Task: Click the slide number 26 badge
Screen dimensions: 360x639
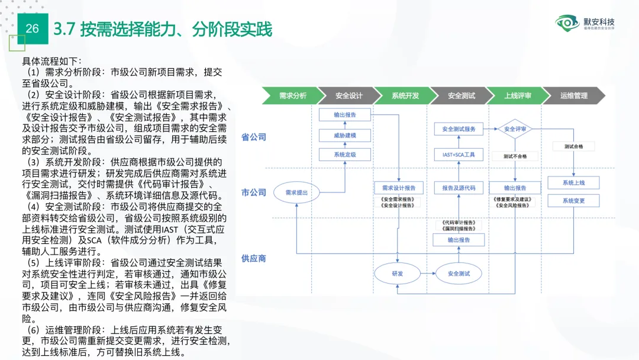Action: (x=33, y=28)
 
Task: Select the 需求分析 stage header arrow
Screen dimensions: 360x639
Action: (x=291, y=95)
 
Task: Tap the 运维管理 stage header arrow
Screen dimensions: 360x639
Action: (x=573, y=95)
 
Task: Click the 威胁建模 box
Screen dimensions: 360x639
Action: (x=345, y=136)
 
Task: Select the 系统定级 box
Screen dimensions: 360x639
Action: (x=345, y=155)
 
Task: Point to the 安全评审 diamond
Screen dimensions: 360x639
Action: (x=515, y=129)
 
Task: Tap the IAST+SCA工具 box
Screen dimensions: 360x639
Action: (x=459, y=155)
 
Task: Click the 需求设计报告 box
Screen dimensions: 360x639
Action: (x=399, y=188)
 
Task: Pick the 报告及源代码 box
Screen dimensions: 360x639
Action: (x=459, y=188)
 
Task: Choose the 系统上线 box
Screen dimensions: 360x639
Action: (x=573, y=183)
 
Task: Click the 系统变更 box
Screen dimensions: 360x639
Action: (x=573, y=201)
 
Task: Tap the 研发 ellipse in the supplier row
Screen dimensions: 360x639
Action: (x=397, y=274)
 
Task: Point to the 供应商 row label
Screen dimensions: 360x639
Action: (x=253, y=259)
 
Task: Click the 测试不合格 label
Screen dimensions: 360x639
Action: (x=515, y=156)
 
